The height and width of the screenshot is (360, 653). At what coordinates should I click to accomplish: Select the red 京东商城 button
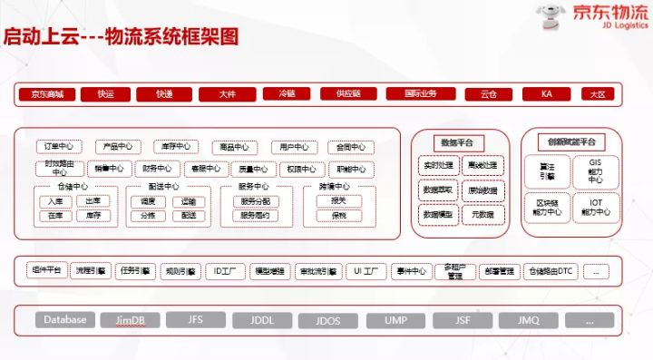(x=46, y=94)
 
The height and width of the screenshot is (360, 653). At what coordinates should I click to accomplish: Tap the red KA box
(x=547, y=94)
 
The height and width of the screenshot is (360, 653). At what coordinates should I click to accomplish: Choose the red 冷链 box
(x=287, y=94)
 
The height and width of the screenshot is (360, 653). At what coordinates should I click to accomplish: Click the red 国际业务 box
(x=418, y=94)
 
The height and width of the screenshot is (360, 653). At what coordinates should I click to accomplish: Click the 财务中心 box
(x=157, y=169)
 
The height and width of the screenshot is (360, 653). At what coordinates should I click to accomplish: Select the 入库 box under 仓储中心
(x=56, y=201)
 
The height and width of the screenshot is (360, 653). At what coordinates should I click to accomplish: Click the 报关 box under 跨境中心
(x=338, y=201)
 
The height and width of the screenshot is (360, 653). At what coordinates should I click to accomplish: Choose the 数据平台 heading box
(x=459, y=142)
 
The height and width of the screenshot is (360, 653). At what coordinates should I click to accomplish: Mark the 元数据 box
(x=482, y=215)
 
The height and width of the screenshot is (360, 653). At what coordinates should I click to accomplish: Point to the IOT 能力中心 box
(x=595, y=208)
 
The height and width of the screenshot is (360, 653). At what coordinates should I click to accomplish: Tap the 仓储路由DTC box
(x=551, y=270)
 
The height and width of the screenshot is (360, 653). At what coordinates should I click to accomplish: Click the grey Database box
(x=65, y=319)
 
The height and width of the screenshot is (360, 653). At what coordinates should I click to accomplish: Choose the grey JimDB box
(x=132, y=320)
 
